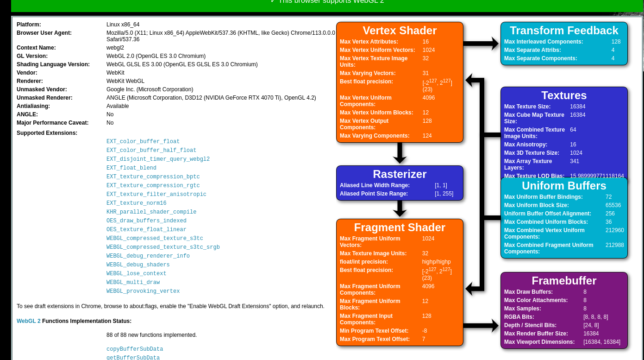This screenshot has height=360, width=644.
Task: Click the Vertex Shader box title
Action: tap(400, 31)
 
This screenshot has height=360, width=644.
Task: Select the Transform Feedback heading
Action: tap(564, 31)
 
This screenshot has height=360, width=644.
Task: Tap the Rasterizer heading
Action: tap(400, 174)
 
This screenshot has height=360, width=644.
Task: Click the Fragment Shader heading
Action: tap(400, 227)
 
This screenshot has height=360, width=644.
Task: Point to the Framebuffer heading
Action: tap(564, 281)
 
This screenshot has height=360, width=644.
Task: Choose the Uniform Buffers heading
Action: tap(564, 186)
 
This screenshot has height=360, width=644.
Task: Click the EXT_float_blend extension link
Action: tap(131, 168)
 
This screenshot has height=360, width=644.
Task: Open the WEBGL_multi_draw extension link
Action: tap(133, 283)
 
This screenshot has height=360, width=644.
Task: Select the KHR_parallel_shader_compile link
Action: tap(151, 212)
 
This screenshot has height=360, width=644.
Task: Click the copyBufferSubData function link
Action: tap(135, 349)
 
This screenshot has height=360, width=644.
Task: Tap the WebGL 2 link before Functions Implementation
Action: tap(28, 321)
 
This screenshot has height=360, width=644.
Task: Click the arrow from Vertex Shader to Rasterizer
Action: tap(400, 153)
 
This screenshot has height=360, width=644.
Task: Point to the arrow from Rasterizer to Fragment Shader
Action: tap(400, 209)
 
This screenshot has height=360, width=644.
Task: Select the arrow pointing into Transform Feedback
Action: tap(481, 44)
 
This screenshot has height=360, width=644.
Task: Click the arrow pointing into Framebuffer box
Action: tap(481, 326)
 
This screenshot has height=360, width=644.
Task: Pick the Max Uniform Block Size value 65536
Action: tap(613, 205)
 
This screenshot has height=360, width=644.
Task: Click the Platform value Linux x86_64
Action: tap(123, 25)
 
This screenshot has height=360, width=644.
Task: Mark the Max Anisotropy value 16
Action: tap(573, 145)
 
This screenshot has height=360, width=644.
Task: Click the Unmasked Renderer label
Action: tap(44, 98)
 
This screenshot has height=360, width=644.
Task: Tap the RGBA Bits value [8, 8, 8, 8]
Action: tap(595, 317)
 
